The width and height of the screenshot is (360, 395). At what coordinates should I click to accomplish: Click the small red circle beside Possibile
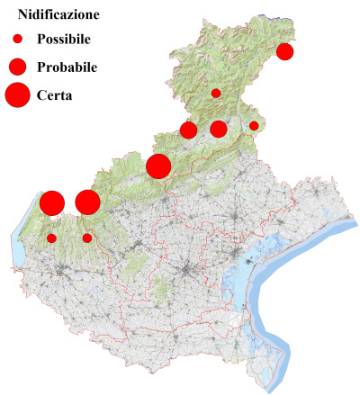[x=16, y=40]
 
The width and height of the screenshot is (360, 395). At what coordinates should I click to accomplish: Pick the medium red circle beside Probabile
[x=16, y=67]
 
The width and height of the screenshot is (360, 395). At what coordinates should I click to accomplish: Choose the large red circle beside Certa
[x=17, y=94]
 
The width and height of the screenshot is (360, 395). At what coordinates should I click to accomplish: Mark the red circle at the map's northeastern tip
[x=285, y=51]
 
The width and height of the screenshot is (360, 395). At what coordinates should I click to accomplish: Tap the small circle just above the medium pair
[x=216, y=93]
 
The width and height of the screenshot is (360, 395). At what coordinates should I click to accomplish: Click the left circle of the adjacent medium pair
[x=189, y=130]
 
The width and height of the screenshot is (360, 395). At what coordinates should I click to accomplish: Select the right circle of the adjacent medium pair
[x=218, y=130]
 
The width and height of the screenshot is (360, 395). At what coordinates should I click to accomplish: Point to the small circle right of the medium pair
[x=254, y=126]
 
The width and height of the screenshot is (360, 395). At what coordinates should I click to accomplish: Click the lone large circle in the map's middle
[x=158, y=166]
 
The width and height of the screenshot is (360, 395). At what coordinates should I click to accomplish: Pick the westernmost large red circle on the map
[x=51, y=203]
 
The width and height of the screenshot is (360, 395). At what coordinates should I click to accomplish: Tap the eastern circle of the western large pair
[x=87, y=202]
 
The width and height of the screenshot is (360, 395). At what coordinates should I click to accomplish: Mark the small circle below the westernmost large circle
[x=51, y=238]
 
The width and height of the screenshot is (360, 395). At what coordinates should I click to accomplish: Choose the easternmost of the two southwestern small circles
[x=87, y=238]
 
